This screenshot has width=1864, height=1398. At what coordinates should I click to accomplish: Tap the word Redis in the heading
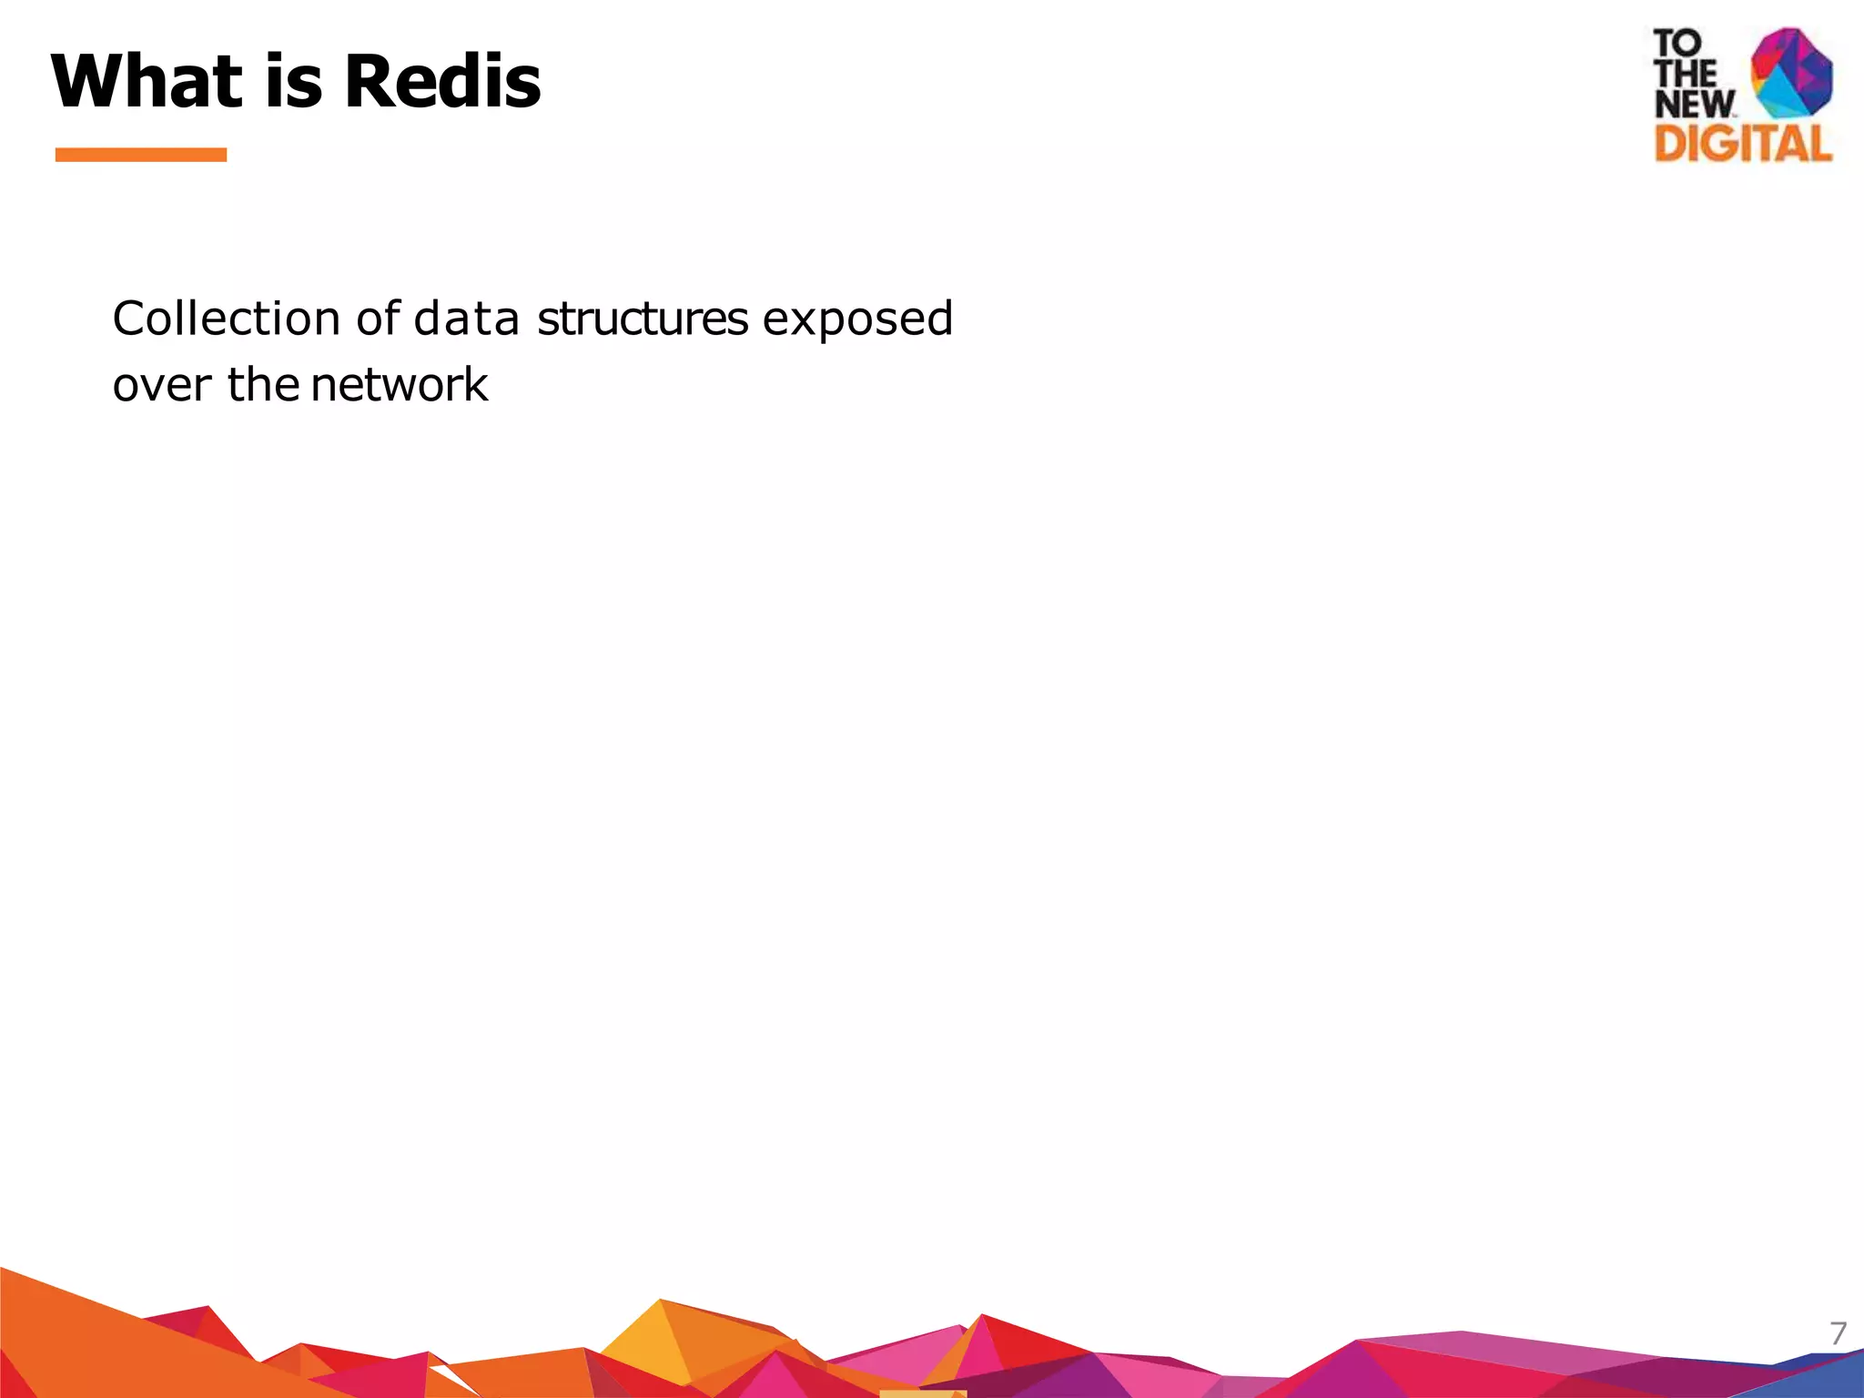click(x=442, y=81)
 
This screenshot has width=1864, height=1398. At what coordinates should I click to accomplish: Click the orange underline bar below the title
click(x=141, y=155)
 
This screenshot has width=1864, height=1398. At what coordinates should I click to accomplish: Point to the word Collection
click(x=226, y=319)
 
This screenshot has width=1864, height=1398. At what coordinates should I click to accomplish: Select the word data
click(x=466, y=319)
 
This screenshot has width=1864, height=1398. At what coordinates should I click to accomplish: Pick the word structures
click(x=643, y=319)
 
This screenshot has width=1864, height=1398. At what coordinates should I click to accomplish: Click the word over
click(x=161, y=385)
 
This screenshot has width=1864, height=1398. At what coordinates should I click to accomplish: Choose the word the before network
click(x=263, y=384)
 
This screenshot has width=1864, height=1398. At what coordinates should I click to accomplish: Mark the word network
click(x=399, y=384)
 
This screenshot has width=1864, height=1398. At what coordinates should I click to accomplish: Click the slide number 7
click(x=1839, y=1333)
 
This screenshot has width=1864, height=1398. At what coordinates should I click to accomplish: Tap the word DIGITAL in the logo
click(x=1743, y=144)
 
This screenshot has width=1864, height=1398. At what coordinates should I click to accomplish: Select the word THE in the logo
click(x=1685, y=74)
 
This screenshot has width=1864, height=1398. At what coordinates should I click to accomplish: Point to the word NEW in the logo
click(x=1694, y=104)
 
